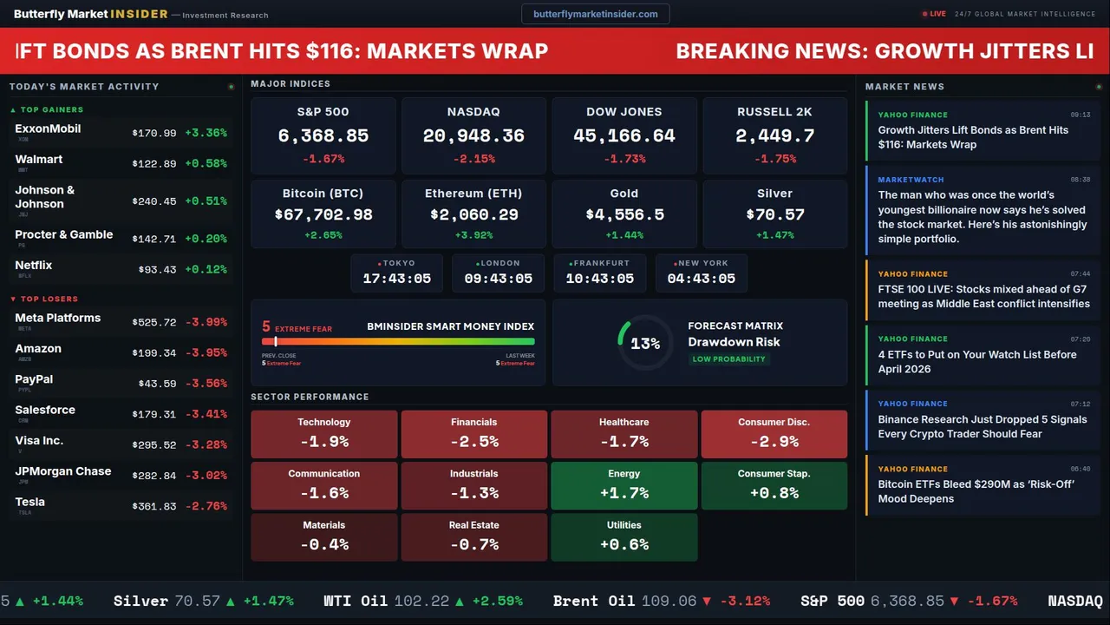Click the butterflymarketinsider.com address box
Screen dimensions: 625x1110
(x=595, y=14)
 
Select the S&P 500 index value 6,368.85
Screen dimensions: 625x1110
(x=323, y=136)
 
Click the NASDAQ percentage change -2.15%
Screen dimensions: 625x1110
(x=473, y=159)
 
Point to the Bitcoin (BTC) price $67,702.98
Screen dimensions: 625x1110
(x=323, y=214)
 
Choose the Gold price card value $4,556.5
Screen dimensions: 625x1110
(x=624, y=214)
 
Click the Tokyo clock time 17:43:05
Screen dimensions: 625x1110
(x=396, y=279)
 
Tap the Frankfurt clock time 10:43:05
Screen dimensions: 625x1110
(x=599, y=279)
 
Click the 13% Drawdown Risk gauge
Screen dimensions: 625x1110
(x=644, y=344)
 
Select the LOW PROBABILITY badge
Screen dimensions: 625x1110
(x=728, y=359)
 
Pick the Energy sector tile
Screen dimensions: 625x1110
(x=624, y=485)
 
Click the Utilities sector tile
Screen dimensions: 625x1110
(x=624, y=536)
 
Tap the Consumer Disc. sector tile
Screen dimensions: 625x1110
(x=774, y=433)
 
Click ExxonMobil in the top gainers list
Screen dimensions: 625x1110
(x=48, y=129)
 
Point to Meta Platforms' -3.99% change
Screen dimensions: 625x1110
(x=206, y=322)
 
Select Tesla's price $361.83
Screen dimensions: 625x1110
(x=154, y=506)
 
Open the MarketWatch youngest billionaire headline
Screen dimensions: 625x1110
(x=983, y=217)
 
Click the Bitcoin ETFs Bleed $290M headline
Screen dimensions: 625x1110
(x=976, y=491)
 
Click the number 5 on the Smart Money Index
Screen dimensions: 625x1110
(x=266, y=327)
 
